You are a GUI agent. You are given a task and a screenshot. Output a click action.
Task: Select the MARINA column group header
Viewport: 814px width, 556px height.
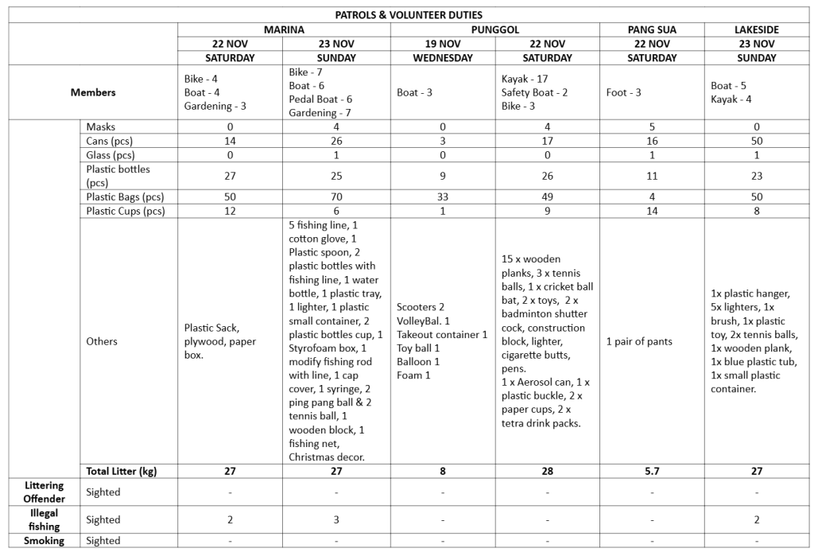pyautogui.click(x=284, y=29)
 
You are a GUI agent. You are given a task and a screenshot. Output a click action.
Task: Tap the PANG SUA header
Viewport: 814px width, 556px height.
pyautogui.click(x=652, y=29)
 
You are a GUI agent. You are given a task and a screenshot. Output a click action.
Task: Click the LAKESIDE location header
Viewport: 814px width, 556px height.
pyautogui.click(x=756, y=29)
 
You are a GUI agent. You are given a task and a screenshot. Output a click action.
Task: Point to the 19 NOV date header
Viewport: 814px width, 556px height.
pyautogui.click(x=442, y=44)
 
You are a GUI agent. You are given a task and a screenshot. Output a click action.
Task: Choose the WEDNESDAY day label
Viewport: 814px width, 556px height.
pyautogui.click(x=442, y=58)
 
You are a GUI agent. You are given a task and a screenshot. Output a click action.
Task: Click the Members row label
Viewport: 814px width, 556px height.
pyautogui.click(x=93, y=92)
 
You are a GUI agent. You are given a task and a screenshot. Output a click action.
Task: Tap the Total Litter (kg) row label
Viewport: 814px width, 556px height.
pyautogui.click(x=122, y=471)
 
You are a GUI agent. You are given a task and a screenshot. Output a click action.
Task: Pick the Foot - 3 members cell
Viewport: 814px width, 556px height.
pyautogui.click(x=624, y=92)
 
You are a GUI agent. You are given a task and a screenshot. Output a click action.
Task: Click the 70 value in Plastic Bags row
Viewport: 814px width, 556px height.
pyautogui.click(x=336, y=196)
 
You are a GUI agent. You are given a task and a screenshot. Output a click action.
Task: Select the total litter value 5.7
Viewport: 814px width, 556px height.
pyautogui.click(x=652, y=471)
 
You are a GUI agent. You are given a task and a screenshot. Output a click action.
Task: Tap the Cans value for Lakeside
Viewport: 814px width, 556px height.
pyautogui.click(x=756, y=141)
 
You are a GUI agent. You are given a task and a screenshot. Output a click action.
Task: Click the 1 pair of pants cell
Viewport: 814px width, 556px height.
pyautogui.click(x=640, y=341)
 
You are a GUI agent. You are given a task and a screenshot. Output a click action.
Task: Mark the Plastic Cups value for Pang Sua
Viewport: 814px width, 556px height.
pyautogui.click(x=652, y=211)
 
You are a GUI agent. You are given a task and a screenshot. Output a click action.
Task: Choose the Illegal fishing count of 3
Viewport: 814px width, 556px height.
pyautogui.click(x=336, y=519)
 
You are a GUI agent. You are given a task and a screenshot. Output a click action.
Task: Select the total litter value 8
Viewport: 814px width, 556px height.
pyautogui.click(x=442, y=471)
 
